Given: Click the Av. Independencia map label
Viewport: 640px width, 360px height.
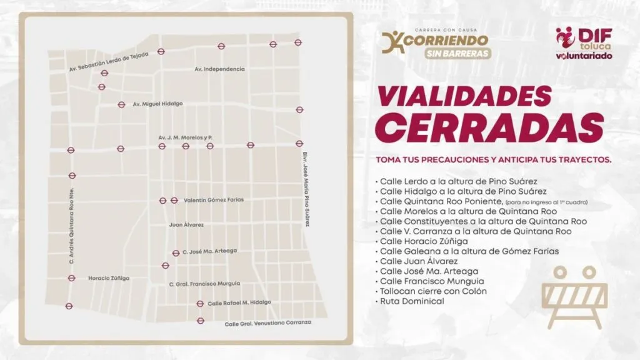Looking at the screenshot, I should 219,69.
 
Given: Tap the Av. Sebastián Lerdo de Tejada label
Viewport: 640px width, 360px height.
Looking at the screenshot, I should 109,60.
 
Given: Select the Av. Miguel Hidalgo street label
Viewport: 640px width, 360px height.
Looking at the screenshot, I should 157,104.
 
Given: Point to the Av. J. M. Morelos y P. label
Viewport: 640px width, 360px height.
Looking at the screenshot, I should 186,136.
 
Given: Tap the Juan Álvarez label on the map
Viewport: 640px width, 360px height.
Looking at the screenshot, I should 186,224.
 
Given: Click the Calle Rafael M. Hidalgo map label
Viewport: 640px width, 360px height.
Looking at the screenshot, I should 239,302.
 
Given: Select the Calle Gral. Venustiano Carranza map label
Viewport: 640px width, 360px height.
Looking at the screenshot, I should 267,324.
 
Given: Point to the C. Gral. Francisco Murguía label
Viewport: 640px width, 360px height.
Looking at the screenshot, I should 204,283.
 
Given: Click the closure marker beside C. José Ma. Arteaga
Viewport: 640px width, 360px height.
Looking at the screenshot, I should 176,252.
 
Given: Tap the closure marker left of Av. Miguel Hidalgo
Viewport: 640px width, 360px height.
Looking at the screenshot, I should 122,105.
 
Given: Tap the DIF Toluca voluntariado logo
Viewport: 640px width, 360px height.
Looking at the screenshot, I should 584,44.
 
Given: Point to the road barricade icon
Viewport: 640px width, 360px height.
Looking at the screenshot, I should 574,296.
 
